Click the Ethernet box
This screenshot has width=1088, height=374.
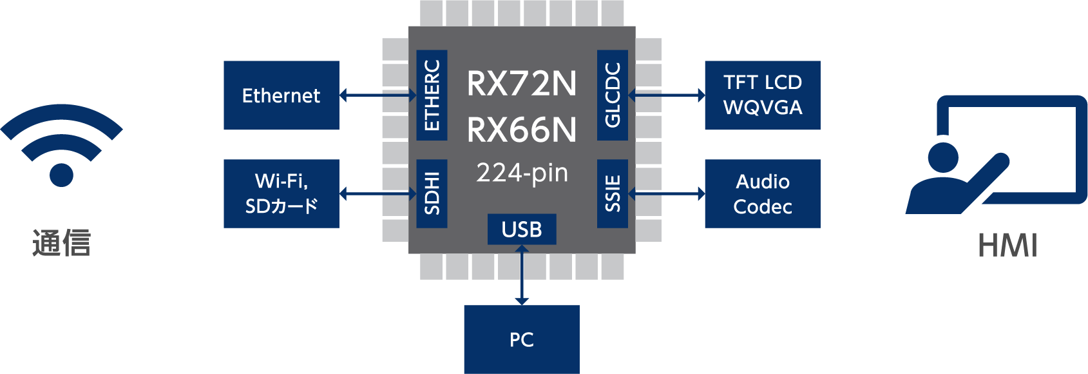coord(281,95)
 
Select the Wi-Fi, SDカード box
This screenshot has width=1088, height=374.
coord(281,193)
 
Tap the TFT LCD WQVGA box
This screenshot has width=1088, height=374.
coord(762,95)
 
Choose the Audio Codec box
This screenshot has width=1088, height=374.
coord(762,193)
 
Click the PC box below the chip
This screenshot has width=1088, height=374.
coord(521,339)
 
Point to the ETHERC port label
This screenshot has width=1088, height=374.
coord(432,95)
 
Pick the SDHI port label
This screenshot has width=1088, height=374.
coord(432,193)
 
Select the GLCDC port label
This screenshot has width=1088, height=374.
coord(613,95)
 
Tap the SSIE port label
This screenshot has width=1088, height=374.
coord(613,193)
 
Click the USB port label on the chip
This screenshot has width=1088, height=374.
coord(522,230)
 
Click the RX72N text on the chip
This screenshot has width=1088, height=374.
coord(522,84)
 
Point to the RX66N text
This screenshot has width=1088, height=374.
coord(522,130)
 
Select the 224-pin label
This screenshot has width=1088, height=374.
coord(522,173)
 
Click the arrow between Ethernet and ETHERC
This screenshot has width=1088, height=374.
coord(377,95)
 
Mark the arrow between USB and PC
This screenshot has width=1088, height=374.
coord(522,275)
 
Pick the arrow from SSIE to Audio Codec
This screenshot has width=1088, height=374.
coord(667,193)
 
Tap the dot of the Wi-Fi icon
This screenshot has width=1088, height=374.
coord(61,175)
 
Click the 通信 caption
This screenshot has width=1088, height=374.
coord(61,243)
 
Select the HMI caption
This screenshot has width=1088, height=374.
coord(1007,246)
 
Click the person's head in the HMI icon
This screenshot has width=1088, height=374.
coord(943,157)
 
